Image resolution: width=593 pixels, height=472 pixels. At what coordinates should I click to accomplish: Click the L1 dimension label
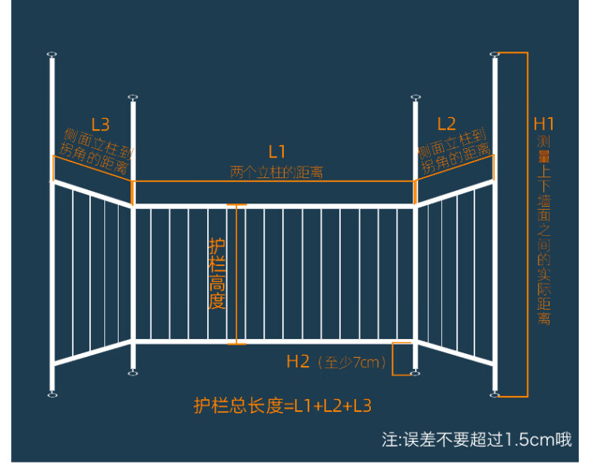tap(277, 152)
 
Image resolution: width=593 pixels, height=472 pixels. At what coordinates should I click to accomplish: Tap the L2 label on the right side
tap(446, 124)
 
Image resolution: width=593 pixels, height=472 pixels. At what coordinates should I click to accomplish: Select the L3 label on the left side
tap(100, 124)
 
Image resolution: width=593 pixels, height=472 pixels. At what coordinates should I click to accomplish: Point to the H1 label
tap(543, 124)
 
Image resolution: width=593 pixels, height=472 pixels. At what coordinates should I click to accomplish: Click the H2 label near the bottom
tap(297, 361)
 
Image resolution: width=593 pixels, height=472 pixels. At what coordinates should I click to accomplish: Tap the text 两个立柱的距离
tap(277, 173)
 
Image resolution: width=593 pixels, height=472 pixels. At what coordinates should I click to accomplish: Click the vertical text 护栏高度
tap(217, 273)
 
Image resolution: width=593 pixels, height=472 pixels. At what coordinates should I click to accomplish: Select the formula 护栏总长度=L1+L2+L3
tap(282, 405)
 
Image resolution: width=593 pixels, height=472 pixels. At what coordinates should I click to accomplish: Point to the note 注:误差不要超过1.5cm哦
tap(477, 440)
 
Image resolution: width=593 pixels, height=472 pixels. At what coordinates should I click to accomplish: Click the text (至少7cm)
tap(352, 363)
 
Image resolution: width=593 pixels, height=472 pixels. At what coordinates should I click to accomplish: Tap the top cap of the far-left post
tap(52, 55)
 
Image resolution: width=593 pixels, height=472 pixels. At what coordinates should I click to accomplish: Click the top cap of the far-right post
tap(495, 55)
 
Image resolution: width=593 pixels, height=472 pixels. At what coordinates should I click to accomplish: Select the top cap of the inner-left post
tap(133, 97)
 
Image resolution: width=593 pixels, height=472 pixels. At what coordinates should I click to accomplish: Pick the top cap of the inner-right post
tap(416, 97)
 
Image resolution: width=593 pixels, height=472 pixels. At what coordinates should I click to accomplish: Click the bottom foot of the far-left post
tap(52, 394)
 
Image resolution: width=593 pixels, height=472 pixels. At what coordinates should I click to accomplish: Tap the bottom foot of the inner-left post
tap(133, 373)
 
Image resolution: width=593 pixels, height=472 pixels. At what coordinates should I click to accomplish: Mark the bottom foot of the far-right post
tap(495, 394)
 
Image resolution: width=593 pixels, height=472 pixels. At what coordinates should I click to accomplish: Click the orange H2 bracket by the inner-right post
tap(392, 359)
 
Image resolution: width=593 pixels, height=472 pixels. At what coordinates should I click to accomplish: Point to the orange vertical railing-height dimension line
tap(236, 274)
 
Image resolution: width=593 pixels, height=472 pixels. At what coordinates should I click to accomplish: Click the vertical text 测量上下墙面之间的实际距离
tap(544, 230)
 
